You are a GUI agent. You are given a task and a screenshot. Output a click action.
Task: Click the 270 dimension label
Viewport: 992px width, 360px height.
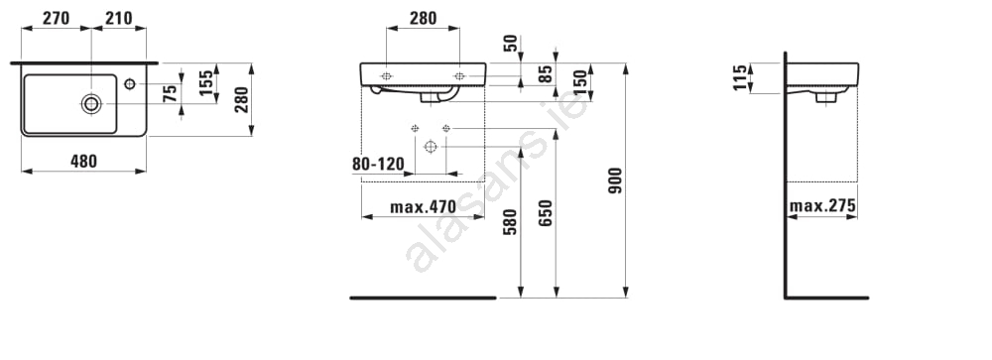click(x=56, y=19)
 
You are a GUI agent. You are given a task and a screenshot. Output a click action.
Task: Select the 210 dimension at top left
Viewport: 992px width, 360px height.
click(x=119, y=19)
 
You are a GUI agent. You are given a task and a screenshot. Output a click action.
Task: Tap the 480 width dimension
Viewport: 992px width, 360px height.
click(x=83, y=162)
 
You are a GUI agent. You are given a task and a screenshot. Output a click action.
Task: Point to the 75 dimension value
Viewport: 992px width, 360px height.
click(x=170, y=94)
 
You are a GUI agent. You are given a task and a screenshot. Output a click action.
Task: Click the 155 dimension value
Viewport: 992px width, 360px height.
click(x=206, y=83)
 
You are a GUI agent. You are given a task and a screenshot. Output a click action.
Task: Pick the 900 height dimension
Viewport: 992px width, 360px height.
click(x=615, y=180)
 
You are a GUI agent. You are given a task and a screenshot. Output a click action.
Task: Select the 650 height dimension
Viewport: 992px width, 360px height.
click(x=546, y=212)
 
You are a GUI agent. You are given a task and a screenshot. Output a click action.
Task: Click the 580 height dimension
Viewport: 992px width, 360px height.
click(x=510, y=222)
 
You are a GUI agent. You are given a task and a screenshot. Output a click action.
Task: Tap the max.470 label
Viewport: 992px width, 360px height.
click(x=423, y=206)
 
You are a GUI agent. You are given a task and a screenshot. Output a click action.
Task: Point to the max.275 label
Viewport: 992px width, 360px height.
click(x=822, y=205)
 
